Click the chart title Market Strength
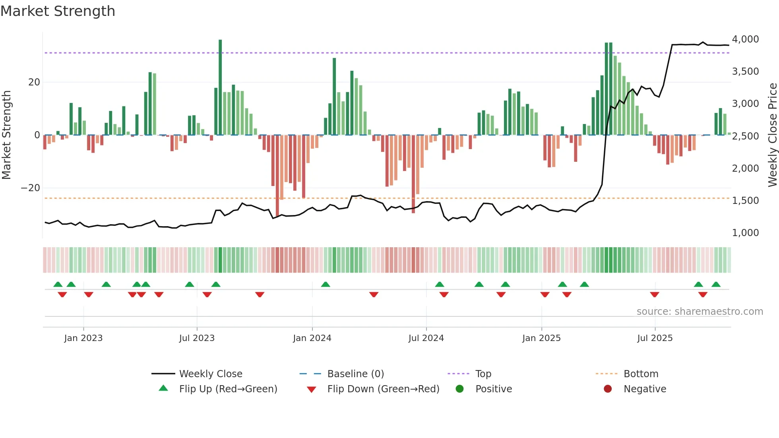(x=58, y=11)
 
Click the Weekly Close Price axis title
(x=772, y=135)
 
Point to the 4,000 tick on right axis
(x=745, y=39)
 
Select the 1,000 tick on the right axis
(x=745, y=233)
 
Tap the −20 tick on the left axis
(x=31, y=188)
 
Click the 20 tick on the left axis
(x=34, y=82)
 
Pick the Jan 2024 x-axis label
(x=312, y=338)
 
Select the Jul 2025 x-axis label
(x=655, y=338)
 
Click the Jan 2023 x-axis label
(x=83, y=338)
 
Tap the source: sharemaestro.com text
(x=700, y=312)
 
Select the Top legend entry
(x=483, y=374)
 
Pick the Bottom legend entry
(x=641, y=374)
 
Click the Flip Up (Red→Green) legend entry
(x=228, y=389)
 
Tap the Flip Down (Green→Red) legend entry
(x=383, y=389)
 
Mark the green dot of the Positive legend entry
(x=460, y=389)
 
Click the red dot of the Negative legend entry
(x=608, y=389)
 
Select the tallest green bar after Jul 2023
(x=220, y=87)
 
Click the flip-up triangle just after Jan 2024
(x=326, y=284)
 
